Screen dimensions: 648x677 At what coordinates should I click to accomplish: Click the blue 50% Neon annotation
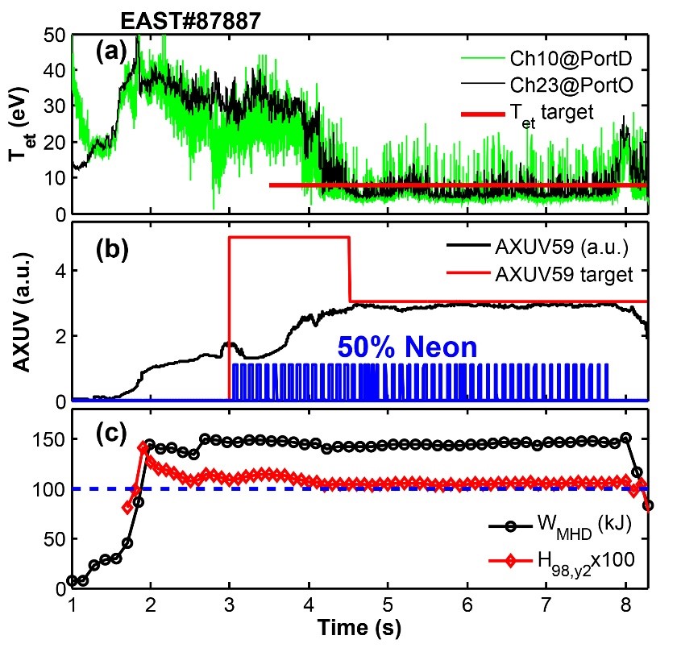point(406,347)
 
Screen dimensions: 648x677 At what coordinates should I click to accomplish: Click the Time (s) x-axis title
point(359,625)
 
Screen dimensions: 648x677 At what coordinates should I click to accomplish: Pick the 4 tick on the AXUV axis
point(61,269)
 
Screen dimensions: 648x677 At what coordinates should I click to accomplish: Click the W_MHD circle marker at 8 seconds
point(625,438)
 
